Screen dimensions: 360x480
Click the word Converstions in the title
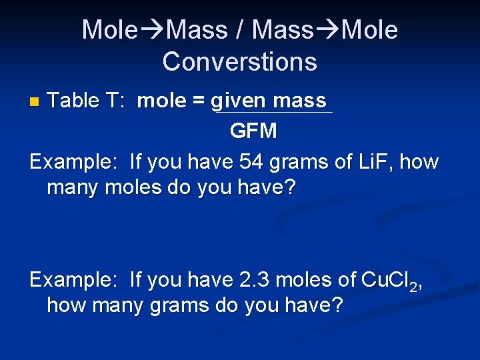pyautogui.click(x=239, y=61)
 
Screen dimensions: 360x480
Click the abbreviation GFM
pyautogui.click(x=253, y=131)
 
